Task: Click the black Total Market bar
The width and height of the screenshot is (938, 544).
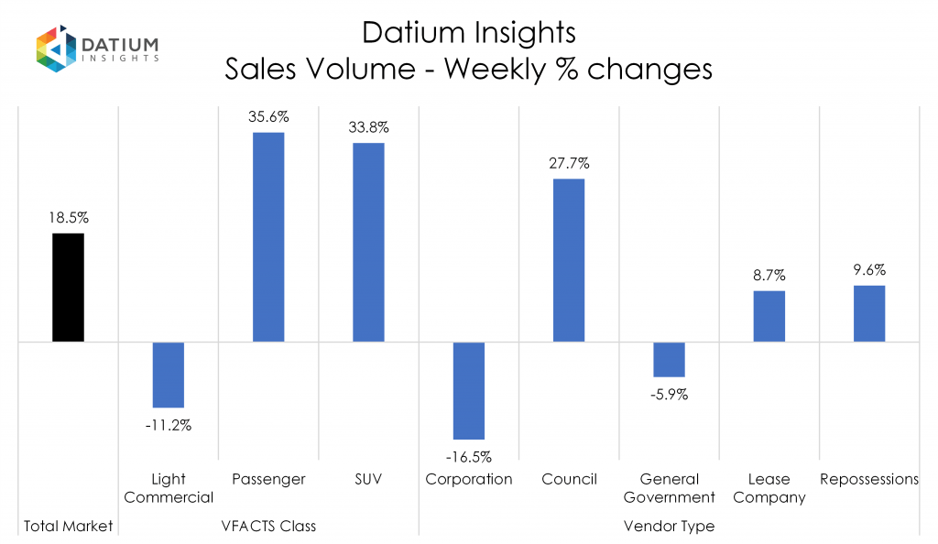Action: [x=68, y=288]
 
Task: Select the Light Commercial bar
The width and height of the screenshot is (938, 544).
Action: [x=169, y=375]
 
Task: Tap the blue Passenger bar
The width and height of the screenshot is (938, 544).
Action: [x=268, y=237]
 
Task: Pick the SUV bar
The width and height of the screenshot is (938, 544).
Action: [x=368, y=243]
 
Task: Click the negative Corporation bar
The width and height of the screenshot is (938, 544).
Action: [x=468, y=391]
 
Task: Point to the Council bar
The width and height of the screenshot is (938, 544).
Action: [x=569, y=260]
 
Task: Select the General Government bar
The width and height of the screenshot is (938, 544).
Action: [x=669, y=359]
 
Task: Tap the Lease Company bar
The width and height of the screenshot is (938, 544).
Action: [x=769, y=316]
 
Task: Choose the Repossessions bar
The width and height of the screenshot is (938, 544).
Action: [x=869, y=313]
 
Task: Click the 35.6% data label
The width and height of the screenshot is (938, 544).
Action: [x=268, y=117]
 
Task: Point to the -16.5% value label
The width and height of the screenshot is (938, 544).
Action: [x=468, y=455]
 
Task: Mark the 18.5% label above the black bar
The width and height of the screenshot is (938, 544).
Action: [x=69, y=218]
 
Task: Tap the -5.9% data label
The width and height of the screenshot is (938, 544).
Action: [x=669, y=395]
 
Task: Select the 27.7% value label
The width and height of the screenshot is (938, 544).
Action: [x=569, y=163]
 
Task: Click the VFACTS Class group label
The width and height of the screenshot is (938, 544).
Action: [x=268, y=526]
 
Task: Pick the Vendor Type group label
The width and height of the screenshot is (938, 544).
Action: [x=669, y=526]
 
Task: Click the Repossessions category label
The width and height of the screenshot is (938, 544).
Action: [x=869, y=479]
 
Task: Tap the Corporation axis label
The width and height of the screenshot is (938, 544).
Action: [x=468, y=479]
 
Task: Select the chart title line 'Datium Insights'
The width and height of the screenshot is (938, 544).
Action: [x=468, y=33]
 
